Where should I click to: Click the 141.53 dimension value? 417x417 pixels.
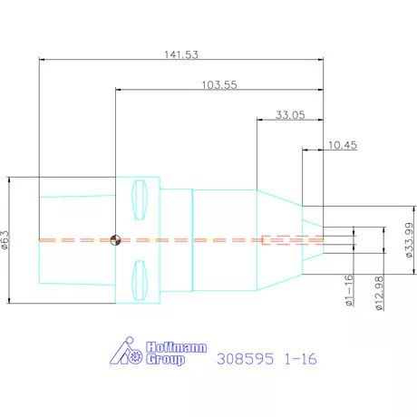point(181,54)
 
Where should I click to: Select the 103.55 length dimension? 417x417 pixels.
point(219,85)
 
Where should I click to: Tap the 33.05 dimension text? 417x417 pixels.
point(290,115)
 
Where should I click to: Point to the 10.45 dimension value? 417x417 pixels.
point(343,145)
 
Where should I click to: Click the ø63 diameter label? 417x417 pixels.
point(5,240)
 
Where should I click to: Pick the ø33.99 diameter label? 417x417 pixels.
point(409,240)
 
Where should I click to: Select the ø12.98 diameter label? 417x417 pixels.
point(379,293)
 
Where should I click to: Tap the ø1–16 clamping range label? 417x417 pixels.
point(349,290)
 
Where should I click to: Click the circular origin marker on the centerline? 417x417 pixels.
point(115,240)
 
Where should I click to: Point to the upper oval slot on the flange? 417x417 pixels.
point(140,199)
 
